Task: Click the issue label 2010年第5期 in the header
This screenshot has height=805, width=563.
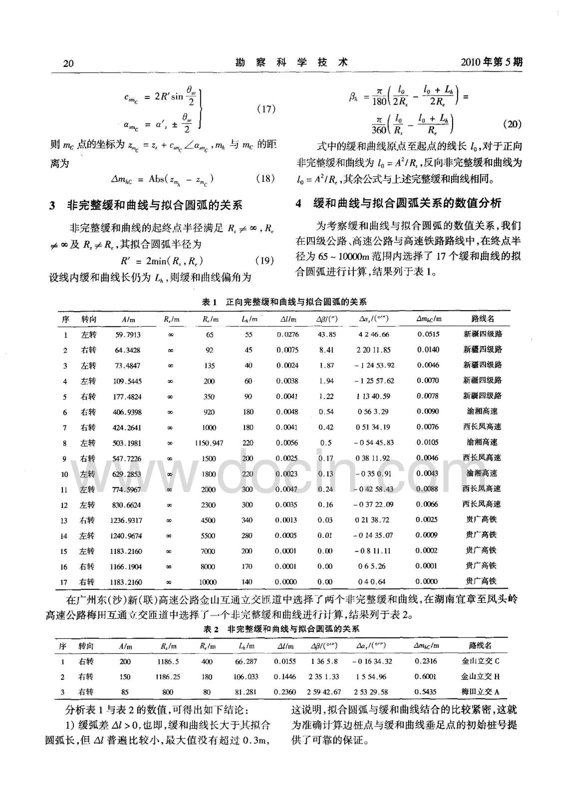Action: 491,62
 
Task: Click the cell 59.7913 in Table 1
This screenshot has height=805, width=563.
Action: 128,335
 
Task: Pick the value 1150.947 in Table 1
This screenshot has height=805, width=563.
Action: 209,443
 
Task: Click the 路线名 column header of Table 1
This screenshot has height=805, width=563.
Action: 482,319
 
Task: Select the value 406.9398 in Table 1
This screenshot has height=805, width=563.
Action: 127,412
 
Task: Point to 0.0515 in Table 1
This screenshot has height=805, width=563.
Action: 428,334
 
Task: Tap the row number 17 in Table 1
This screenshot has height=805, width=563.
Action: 63,582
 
